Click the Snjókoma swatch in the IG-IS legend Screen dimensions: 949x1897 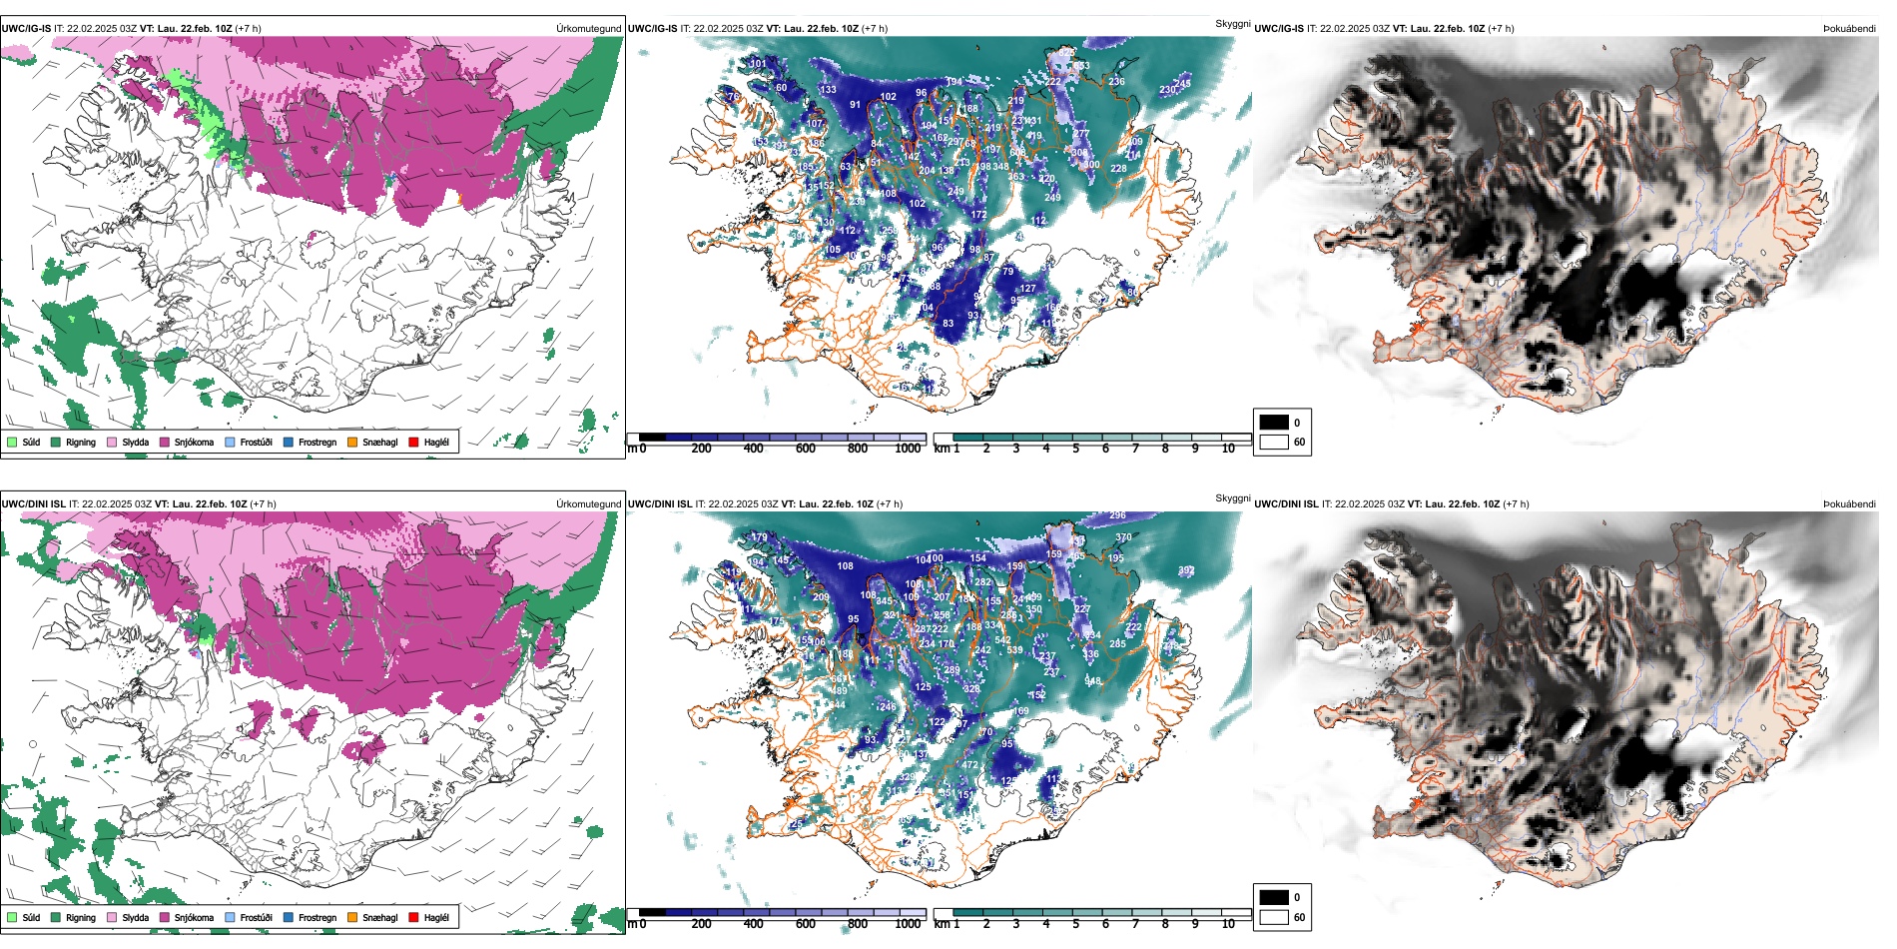pos(165,442)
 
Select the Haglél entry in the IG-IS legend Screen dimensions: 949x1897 pos(414,442)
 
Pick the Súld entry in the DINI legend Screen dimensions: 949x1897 pos(12,917)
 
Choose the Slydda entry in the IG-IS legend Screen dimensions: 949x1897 pos(112,442)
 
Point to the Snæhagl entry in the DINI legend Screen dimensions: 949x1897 pos(352,917)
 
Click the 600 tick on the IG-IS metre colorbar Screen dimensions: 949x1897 pos(806,449)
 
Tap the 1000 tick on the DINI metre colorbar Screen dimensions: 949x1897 pos(908,924)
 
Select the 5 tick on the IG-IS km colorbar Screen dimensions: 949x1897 pos(1075,449)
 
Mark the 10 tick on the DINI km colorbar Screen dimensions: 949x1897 pos(1228,924)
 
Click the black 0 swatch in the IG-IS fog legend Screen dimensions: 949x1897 pos(1274,423)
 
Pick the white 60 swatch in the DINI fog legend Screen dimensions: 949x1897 pos(1274,917)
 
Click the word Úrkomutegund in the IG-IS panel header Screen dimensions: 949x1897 pos(588,29)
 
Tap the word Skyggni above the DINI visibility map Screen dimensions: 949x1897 pos(1232,498)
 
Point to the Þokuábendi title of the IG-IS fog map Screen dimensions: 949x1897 pos(1849,29)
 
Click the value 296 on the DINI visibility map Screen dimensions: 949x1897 pos(1117,515)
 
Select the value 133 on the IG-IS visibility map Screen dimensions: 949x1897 pos(829,90)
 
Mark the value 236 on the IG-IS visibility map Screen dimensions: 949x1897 pos(1116,82)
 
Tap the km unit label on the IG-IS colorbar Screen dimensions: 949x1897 pos(942,449)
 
